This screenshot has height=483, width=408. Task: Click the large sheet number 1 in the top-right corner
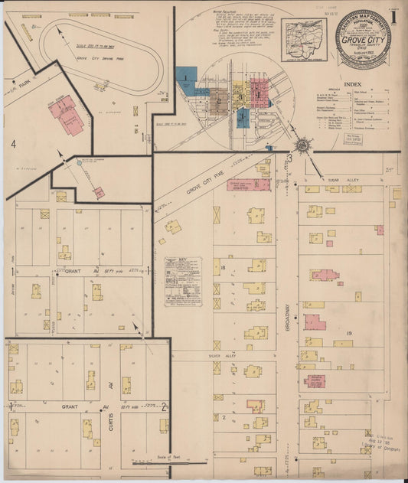[x=393, y=15]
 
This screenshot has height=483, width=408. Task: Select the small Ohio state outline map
[x=304, y=39]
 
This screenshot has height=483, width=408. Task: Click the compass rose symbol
[x=302, y=145]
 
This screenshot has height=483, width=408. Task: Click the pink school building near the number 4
[x=67, y=116]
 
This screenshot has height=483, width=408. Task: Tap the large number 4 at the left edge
[x=13, y=143]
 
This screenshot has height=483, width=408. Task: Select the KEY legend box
[x=184, y=281]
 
